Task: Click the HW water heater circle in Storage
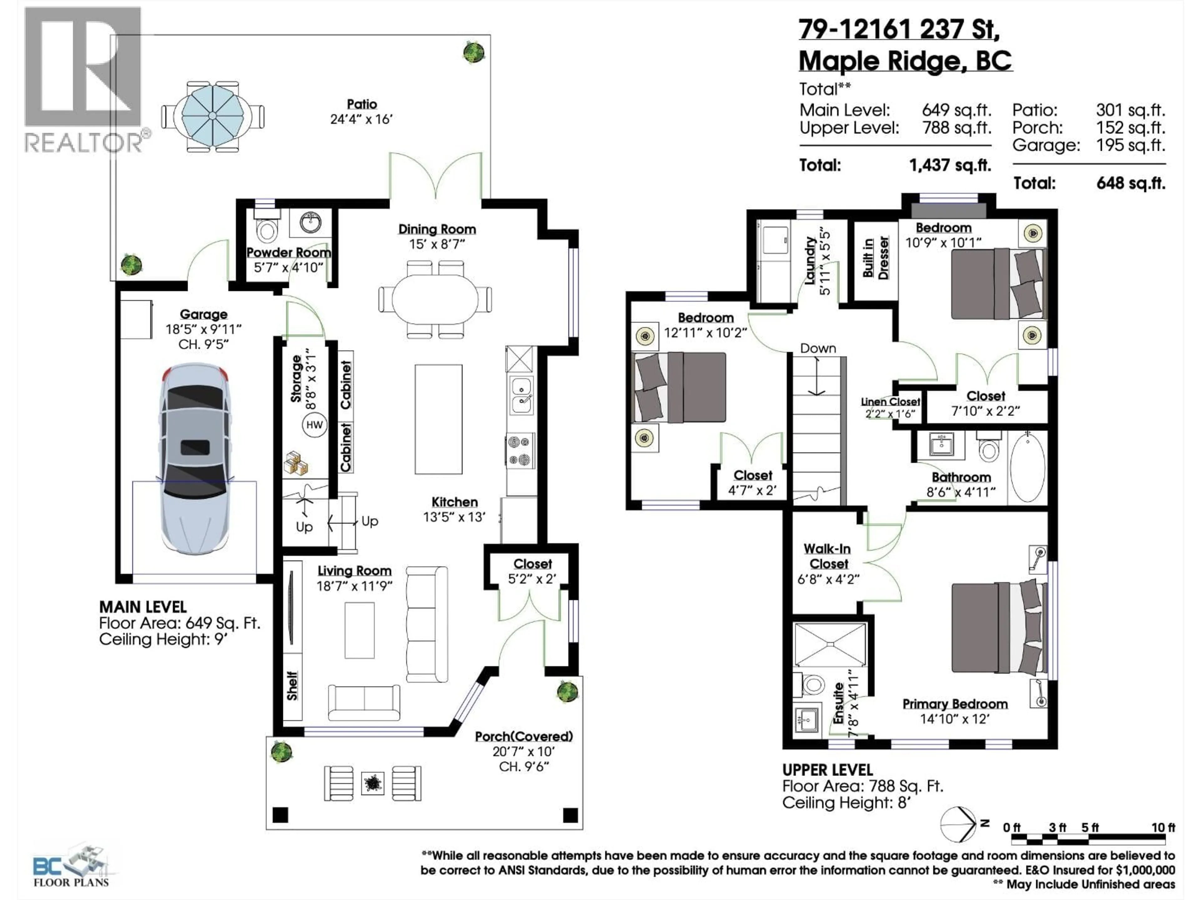[x=314, y=425]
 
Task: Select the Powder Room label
[x=288, y=253]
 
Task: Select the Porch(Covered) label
[x=523, y=736]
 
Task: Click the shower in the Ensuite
[x=830, y=644]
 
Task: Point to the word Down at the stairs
[x=818, y=348]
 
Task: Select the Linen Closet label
[x=890, y=402]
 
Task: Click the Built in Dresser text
[x=875, y=258]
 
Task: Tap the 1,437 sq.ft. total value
[x=950, y=165]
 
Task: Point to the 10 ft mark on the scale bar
[x=1163, y=827]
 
